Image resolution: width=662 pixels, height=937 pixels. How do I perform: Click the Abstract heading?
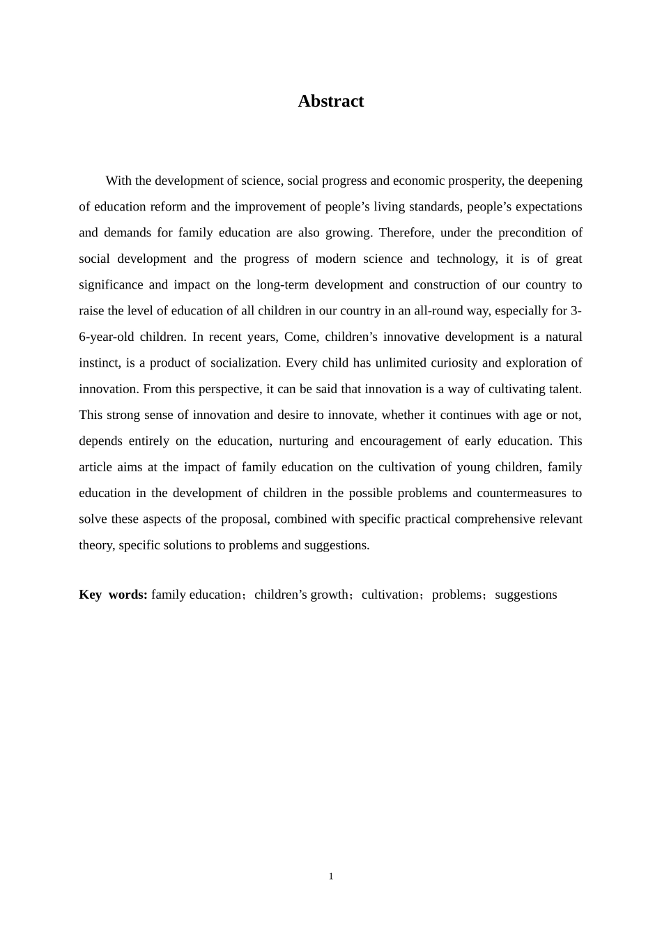[330, 101]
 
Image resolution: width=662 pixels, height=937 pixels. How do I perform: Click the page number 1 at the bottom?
[331, 876]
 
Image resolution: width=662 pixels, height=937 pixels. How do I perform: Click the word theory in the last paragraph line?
[95, 545]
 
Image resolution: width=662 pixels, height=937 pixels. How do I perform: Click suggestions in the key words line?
[525, 595]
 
